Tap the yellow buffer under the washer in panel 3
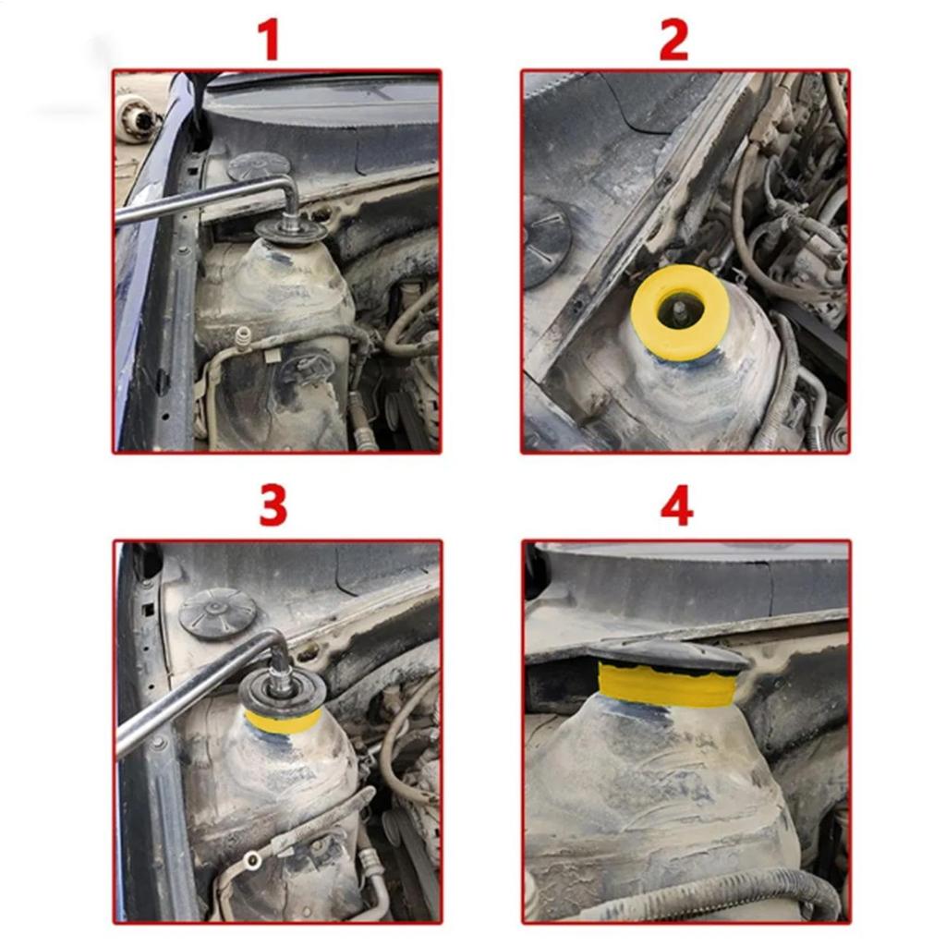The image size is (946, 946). coord(282,720)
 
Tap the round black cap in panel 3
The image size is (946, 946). coord(217,613)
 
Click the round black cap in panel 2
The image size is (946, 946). coord(545,241)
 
